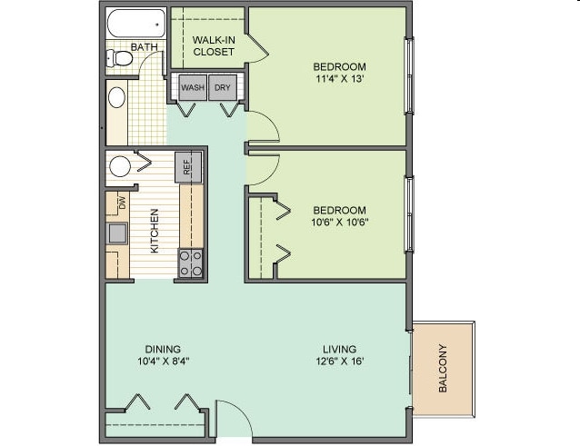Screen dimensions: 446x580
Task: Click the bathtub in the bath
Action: [135, 23]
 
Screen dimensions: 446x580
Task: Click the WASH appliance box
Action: [192, 88]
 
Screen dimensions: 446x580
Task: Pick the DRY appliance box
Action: [222, 88]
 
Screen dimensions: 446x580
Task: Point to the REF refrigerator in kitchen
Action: [188, 167]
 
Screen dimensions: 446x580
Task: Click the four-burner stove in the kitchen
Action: [190, 263]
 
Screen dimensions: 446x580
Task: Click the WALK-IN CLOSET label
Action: [214, 45]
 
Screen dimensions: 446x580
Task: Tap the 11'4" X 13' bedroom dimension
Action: [339, 79]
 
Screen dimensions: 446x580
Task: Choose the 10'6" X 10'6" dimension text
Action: [339, 223]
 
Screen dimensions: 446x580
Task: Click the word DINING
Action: [162, 349]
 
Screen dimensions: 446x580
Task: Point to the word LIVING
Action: [338, 349]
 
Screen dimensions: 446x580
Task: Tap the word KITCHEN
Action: [155, 231]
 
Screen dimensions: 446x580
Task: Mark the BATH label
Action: [144, 46]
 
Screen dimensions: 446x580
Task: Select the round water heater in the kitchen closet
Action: [120, 166]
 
